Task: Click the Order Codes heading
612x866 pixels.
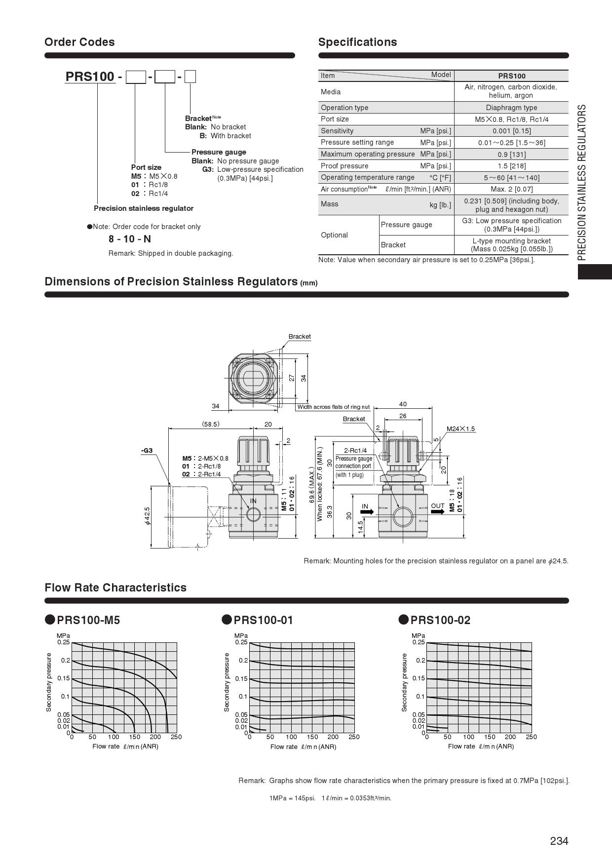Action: tap(79, 42)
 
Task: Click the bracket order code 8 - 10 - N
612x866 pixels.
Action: tap(130, 239)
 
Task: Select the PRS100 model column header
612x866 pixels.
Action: tap(511, 76)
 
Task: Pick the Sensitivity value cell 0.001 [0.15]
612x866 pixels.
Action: tap(511, 131)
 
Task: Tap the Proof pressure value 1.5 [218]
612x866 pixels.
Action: tap(511, 166)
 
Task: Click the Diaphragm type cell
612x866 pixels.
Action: tap(511, 108)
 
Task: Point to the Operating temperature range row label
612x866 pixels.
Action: tap(368, 177)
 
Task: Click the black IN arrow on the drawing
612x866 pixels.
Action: tap(367, 512)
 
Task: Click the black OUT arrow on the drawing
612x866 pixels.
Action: tap(437, 512)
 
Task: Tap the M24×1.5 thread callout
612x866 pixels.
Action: tap(460, 429)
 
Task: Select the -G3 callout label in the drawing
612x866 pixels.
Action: tap(147, 450)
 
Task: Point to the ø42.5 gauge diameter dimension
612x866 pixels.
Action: tap(147, 516)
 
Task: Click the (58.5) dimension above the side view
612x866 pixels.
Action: tap(211, 424)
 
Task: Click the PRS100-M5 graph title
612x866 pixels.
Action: tap(88, 620)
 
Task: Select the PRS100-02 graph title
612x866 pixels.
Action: tap(440, 620)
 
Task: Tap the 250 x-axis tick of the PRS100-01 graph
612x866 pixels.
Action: tap(354, 737)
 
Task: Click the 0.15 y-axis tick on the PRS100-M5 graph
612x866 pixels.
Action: tap(64, 678)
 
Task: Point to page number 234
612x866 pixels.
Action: tap(559, 841)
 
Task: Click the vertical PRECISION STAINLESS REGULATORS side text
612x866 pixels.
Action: tap(582, 182)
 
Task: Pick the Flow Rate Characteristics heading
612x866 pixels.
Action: tap(115, 588)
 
